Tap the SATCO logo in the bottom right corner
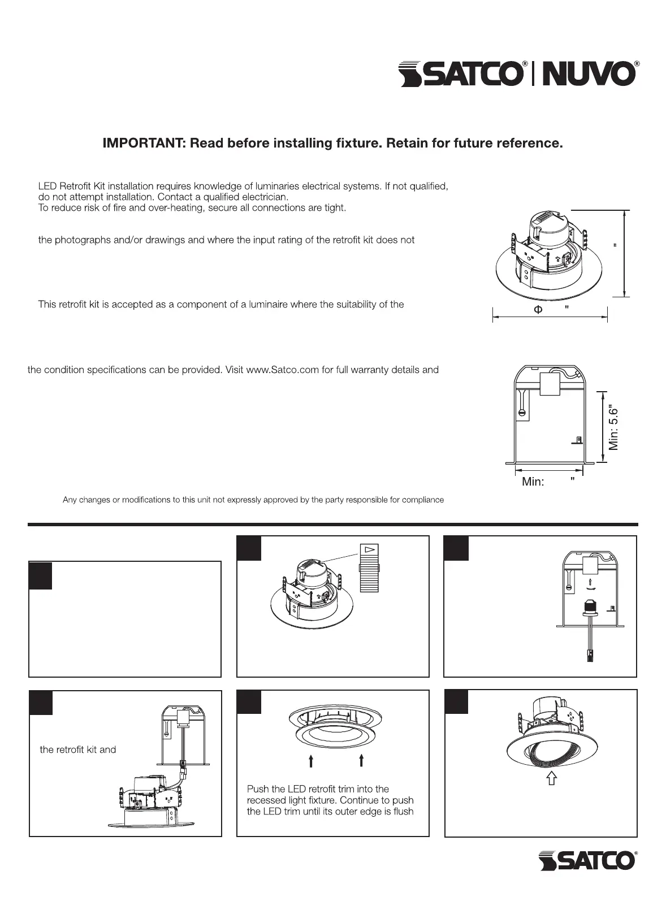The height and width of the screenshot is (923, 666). pos(588,860)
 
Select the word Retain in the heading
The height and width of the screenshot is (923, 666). pos(406,143)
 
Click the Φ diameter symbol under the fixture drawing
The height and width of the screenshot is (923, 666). pos(538,309)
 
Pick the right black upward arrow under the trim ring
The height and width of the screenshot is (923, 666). pos(361,761)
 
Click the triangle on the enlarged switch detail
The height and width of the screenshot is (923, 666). pos(369,549)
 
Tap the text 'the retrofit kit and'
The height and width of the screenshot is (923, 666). pos(77,749)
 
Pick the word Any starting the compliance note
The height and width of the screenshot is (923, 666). pos(69,500)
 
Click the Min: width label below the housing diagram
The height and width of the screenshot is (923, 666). pos(533,482)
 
